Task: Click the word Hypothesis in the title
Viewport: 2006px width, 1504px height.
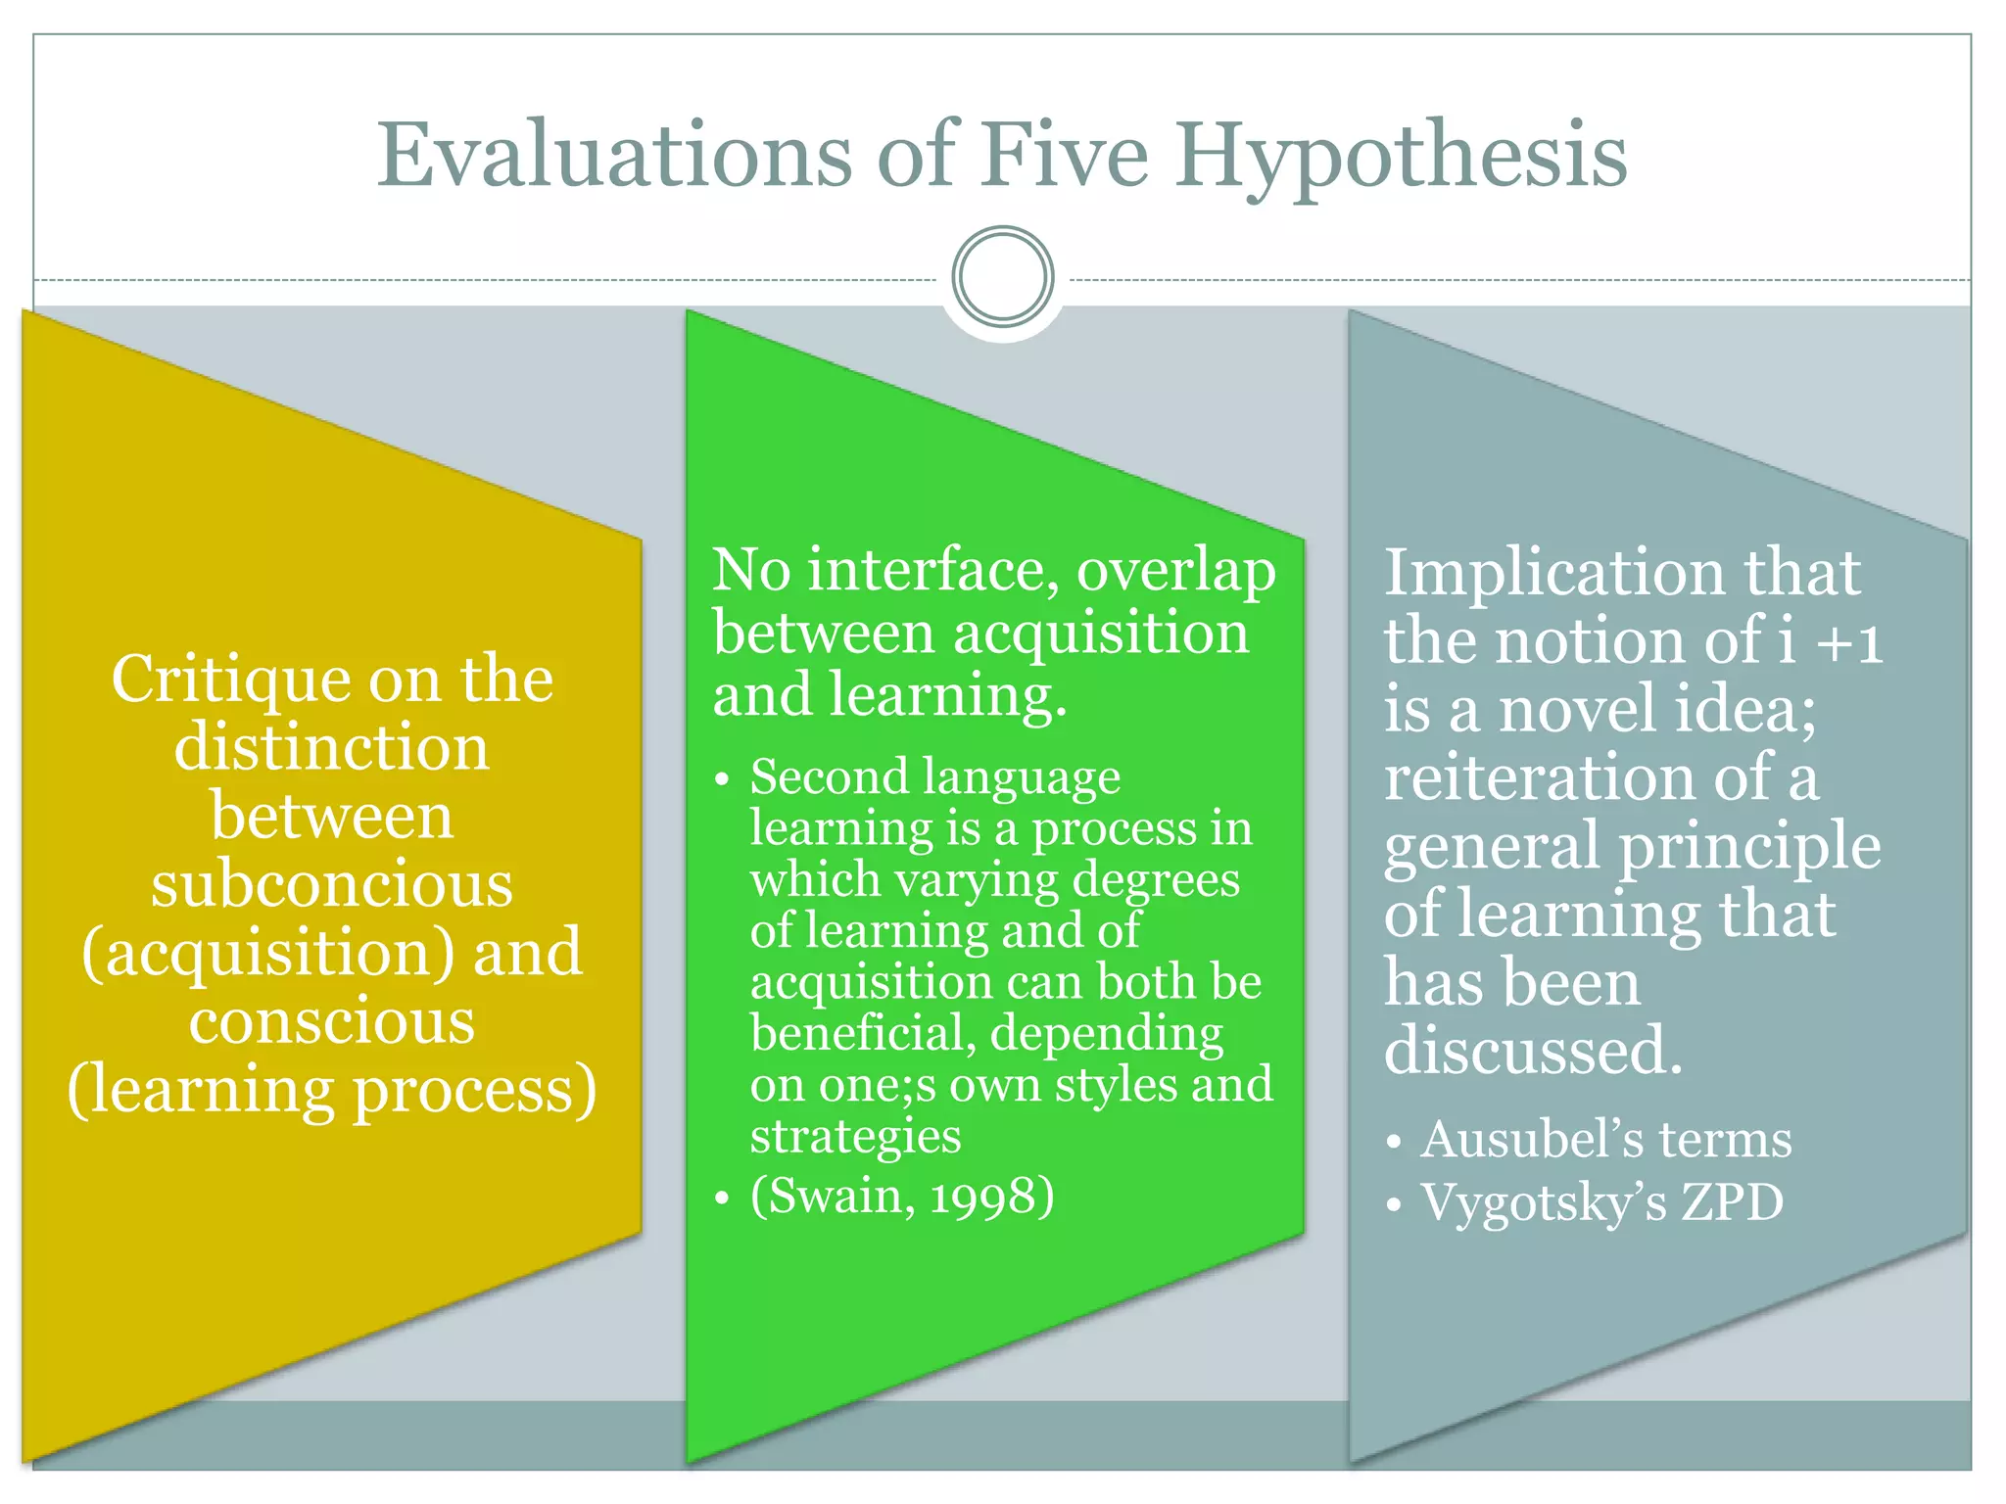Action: [x=1401, y=157]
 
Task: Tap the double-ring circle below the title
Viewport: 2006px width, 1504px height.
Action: [x=1003, y=277]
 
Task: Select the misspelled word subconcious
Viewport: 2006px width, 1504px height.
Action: [x=332, y=885]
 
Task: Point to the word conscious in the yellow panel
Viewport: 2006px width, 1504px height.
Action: [x=332, y=1022]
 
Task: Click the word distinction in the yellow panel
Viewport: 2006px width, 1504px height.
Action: [x=332, y=748]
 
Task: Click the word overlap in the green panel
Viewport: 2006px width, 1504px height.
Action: [x=1176, y=572]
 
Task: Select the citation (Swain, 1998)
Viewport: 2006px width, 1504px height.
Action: [x=902, y=1196]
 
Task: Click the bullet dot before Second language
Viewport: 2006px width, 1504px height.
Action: [x=722, y=780]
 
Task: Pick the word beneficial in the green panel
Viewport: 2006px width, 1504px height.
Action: [x=862, y=1034]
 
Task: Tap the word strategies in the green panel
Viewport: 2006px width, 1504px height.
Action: [x=855, y=1137]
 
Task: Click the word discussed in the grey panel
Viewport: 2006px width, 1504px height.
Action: [x=1533, y=1051]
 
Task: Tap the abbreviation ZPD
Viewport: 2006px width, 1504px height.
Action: [x=1733, y=1202]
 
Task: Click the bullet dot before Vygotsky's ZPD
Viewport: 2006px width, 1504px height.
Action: [x=1394, y=1205]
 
